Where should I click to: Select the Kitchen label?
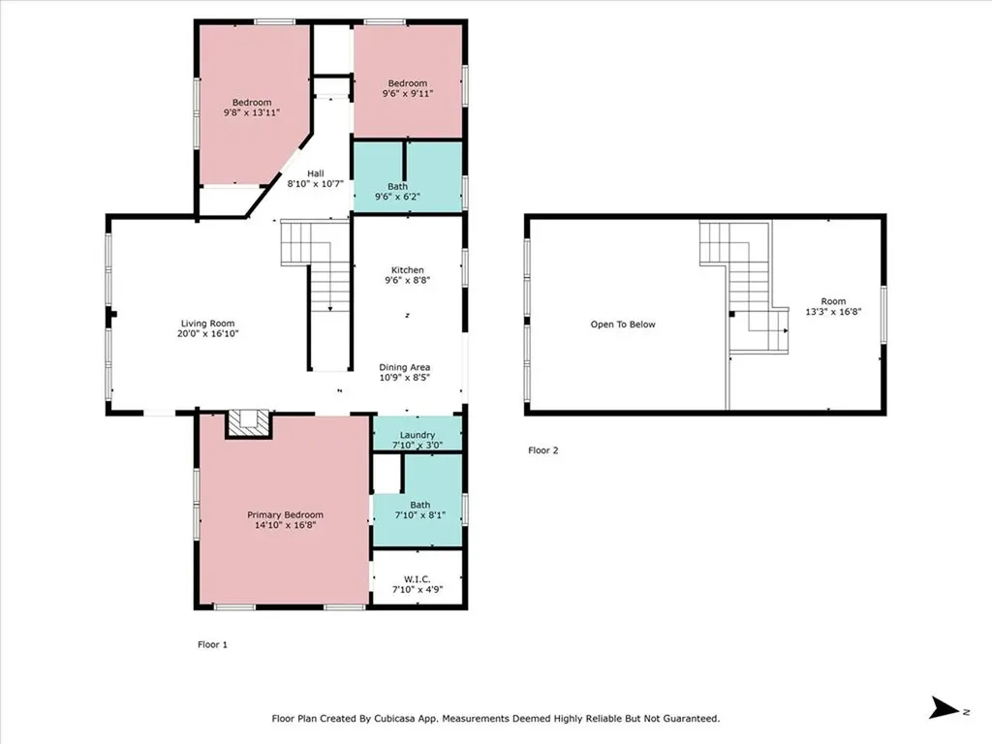click(408, 270)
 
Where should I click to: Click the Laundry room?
click(418, 435)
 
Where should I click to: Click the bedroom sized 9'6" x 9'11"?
click(408, 88)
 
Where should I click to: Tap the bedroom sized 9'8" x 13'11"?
click(251, 108)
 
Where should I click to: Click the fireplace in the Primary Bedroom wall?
click(249, 423)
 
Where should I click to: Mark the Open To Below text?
click(623, 325)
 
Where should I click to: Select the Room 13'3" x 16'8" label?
click(833, 306)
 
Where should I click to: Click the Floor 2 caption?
click(542, 450)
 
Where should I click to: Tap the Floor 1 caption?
click(211, 643)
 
